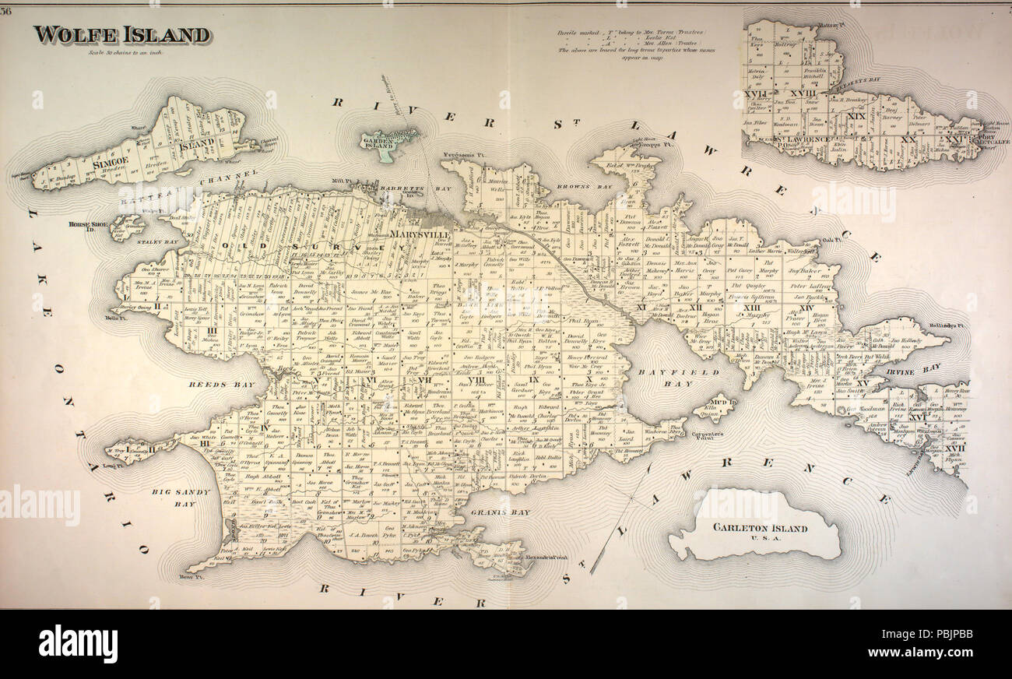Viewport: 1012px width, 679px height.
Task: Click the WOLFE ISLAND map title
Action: coord(121,35)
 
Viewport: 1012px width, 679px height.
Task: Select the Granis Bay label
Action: coord(501,512)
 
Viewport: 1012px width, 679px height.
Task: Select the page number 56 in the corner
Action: coord(7,10)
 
